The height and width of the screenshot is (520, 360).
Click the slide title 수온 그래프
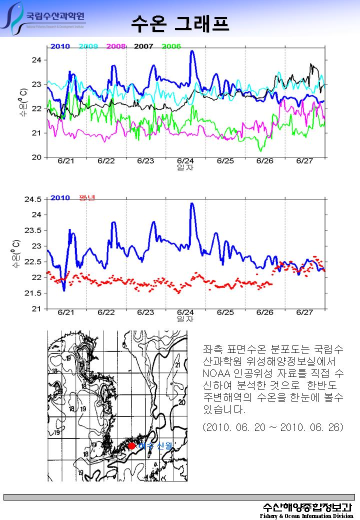coord(180,22)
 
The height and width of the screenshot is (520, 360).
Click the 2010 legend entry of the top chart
coord(59,46)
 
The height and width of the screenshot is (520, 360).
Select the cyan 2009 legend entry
coord(88,46)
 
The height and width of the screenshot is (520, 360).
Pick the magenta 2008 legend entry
coord(116,46)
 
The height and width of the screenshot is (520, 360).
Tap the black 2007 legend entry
coord(143,46)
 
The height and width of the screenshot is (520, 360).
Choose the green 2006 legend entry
coord(171,46)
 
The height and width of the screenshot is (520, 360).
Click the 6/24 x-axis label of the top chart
coord(185,161)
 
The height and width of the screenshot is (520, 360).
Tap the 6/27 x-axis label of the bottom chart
coord(304,312)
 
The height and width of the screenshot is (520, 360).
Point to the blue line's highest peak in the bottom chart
coord(192,203)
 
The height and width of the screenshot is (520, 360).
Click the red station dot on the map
coord(131,445)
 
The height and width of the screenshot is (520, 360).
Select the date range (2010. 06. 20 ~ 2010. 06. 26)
coord(273,428)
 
